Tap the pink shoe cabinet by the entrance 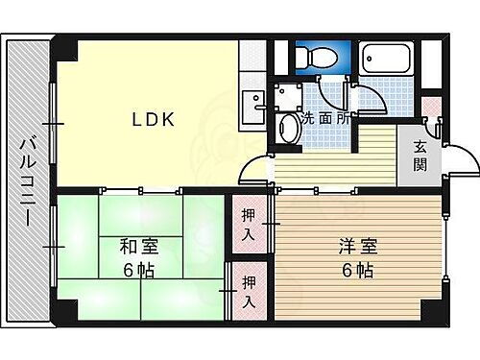click(x=430, y=107)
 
